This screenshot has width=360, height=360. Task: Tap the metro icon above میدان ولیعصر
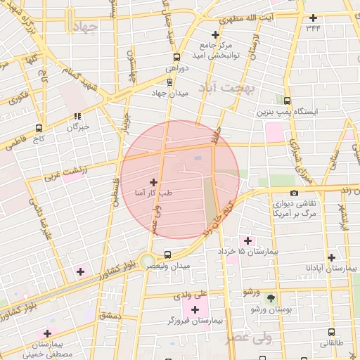(167, 255)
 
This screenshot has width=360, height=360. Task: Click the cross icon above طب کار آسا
(153, 181)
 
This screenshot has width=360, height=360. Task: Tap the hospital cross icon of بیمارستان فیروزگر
(195, 309)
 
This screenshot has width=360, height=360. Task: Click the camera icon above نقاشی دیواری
(294, 193)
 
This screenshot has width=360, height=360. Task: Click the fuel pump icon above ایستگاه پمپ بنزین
(286, 101)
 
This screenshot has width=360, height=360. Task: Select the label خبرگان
(77, 127)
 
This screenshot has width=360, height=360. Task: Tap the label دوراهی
(174, 68)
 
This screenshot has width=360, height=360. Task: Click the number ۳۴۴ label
(313, 28)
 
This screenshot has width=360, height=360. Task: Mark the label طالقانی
(333, 343)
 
